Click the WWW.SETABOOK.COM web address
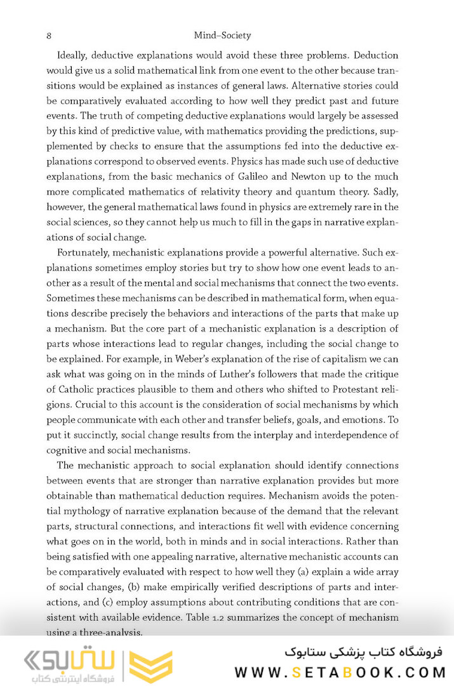(338, 672)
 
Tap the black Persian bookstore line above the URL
(364, 652)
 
